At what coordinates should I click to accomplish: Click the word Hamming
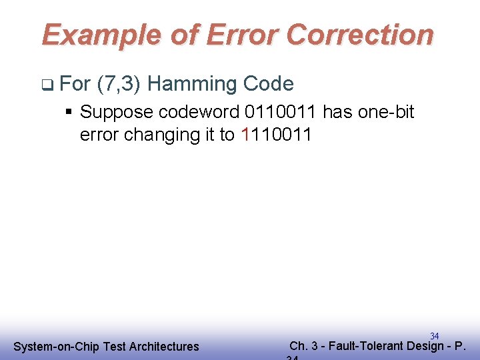192,84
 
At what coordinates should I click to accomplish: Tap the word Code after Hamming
269,84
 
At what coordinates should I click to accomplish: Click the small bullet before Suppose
69,112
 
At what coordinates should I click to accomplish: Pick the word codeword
192,112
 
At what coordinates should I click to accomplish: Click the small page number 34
434,336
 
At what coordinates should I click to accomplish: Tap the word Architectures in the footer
164,347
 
